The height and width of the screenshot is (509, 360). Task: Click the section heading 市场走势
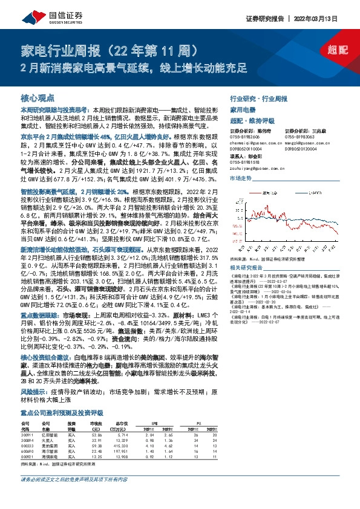(241, 179)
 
